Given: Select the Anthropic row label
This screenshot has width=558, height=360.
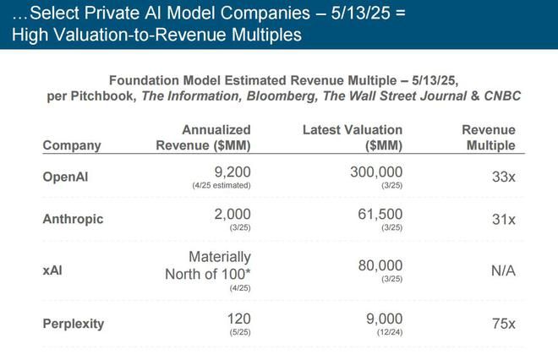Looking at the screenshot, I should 73,220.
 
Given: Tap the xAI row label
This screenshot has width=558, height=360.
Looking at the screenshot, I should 52,270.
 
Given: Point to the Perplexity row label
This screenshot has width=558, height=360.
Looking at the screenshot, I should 74,324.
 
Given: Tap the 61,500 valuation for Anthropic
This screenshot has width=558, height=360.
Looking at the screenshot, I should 377,214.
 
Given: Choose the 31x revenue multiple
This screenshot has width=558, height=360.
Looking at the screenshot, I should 501,220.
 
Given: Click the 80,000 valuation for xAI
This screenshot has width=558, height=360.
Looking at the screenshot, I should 377,265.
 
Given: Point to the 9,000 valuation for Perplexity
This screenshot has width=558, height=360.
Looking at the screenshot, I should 381,318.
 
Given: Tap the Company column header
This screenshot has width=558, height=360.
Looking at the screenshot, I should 72,145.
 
